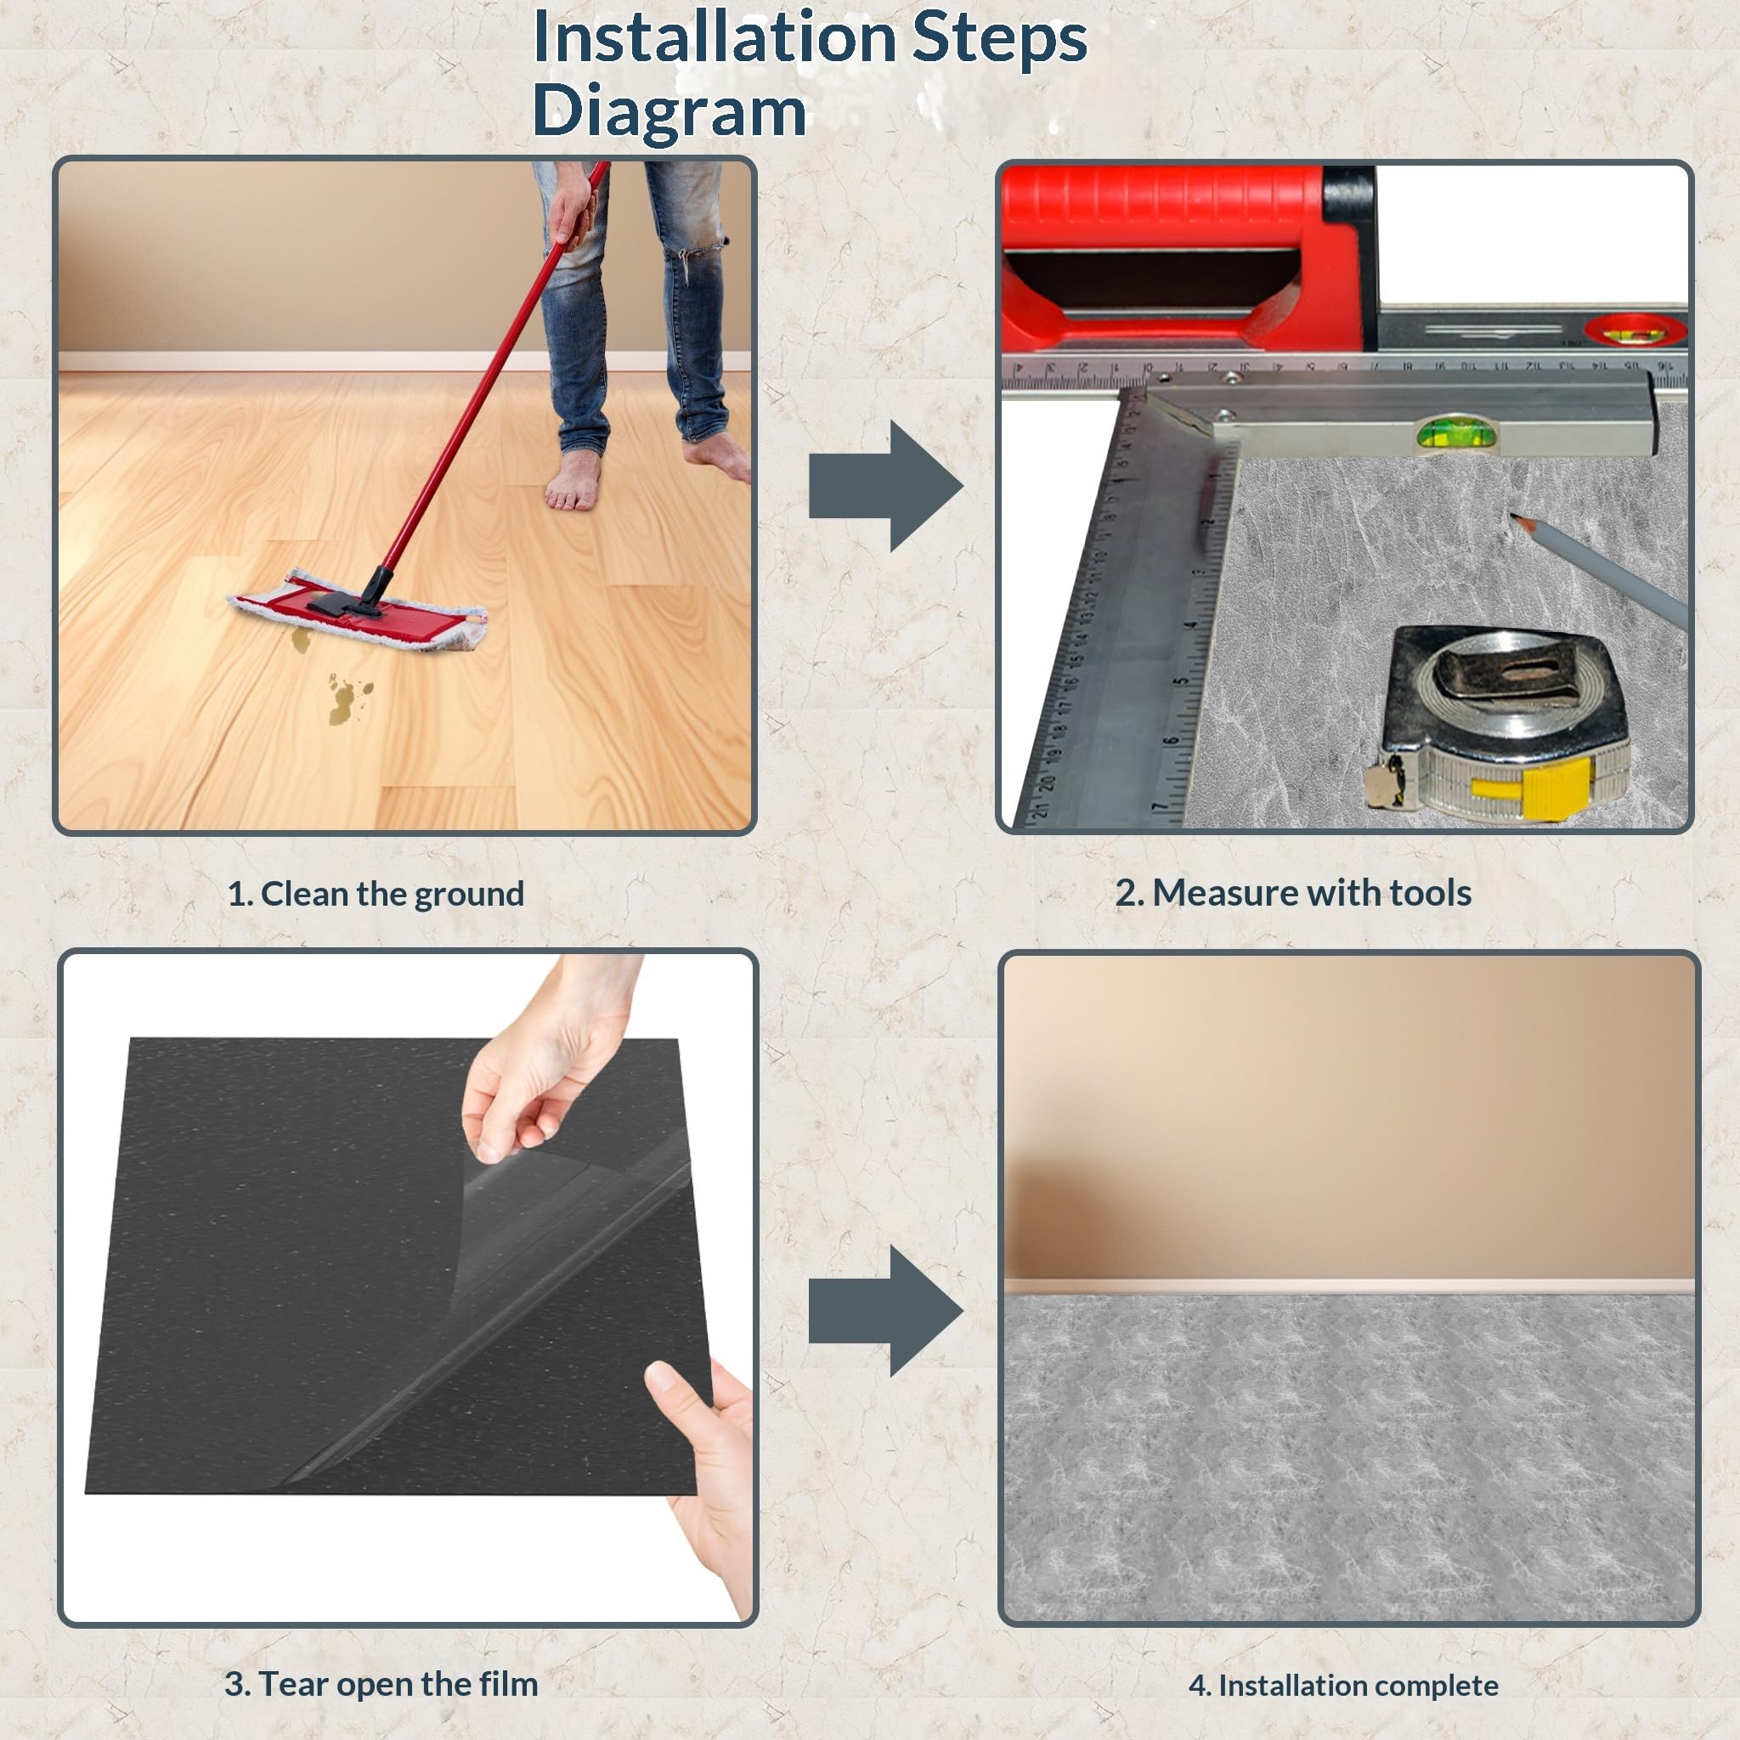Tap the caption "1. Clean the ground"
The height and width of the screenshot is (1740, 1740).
[x=376, y=895]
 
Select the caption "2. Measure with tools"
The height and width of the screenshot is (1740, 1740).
[x=1293, y=893]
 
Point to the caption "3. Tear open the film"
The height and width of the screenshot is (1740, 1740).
[x=381, y=1683]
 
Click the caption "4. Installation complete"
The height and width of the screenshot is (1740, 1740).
[x=1344, y=1685]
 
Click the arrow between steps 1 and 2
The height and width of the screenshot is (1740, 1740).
[x=886, y=485]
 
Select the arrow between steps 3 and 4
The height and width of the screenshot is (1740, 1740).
[x=886, y=1310]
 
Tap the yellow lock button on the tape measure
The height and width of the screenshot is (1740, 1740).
[x=1531, y=787]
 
